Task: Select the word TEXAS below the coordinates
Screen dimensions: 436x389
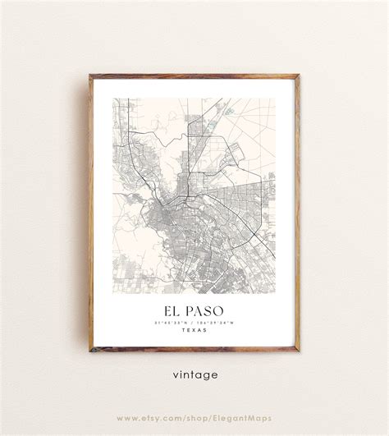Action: (x=194, y=330)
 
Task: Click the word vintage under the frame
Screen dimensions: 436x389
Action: (x=195, y=375)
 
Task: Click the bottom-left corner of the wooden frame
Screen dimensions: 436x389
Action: (x=90, y=351)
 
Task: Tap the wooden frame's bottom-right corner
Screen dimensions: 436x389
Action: (x=300, y=351)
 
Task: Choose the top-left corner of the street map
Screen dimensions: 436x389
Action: (x=113, y=99)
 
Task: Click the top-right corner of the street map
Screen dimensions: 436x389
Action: (x=277, y=99)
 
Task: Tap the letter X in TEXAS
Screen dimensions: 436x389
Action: (x=194, y=330)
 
